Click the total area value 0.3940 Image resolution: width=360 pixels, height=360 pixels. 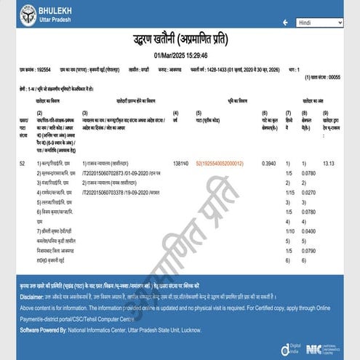click(x=268, y=164)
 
